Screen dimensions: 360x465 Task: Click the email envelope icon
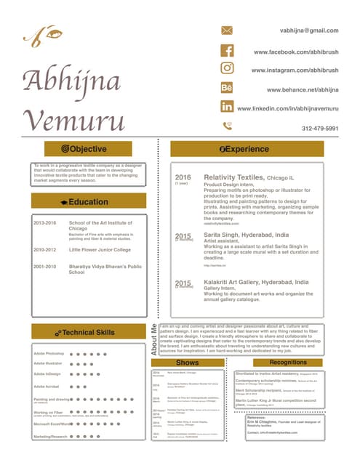point(227,31)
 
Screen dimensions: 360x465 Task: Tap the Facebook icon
point(227,51)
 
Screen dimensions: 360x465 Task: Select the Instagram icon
point(227,68)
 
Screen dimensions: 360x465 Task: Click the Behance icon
point(227,87)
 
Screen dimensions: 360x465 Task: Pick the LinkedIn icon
point(227,106)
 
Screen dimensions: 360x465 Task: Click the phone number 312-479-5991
point(320,128)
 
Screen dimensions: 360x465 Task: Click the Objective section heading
point(89,148)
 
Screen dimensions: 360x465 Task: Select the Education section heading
point(89,201)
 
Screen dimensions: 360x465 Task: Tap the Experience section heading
point(247,148)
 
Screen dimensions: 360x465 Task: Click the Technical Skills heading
point(89,332)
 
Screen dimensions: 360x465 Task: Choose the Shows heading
point(187,363)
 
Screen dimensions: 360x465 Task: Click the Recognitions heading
point(288,362)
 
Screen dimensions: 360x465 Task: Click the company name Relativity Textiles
point(235,177)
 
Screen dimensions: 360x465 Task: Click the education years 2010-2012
point(44,249)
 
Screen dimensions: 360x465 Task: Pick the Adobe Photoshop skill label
point(49,352)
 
